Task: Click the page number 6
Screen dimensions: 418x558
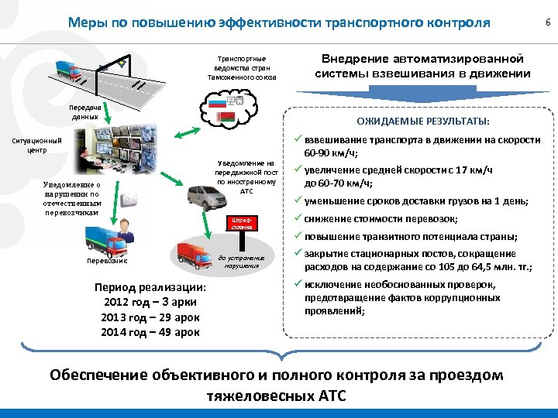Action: coord(547,24)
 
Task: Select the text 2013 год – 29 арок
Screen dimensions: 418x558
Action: coord(150,317)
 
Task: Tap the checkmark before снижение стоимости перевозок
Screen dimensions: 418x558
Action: coord(296,219)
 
